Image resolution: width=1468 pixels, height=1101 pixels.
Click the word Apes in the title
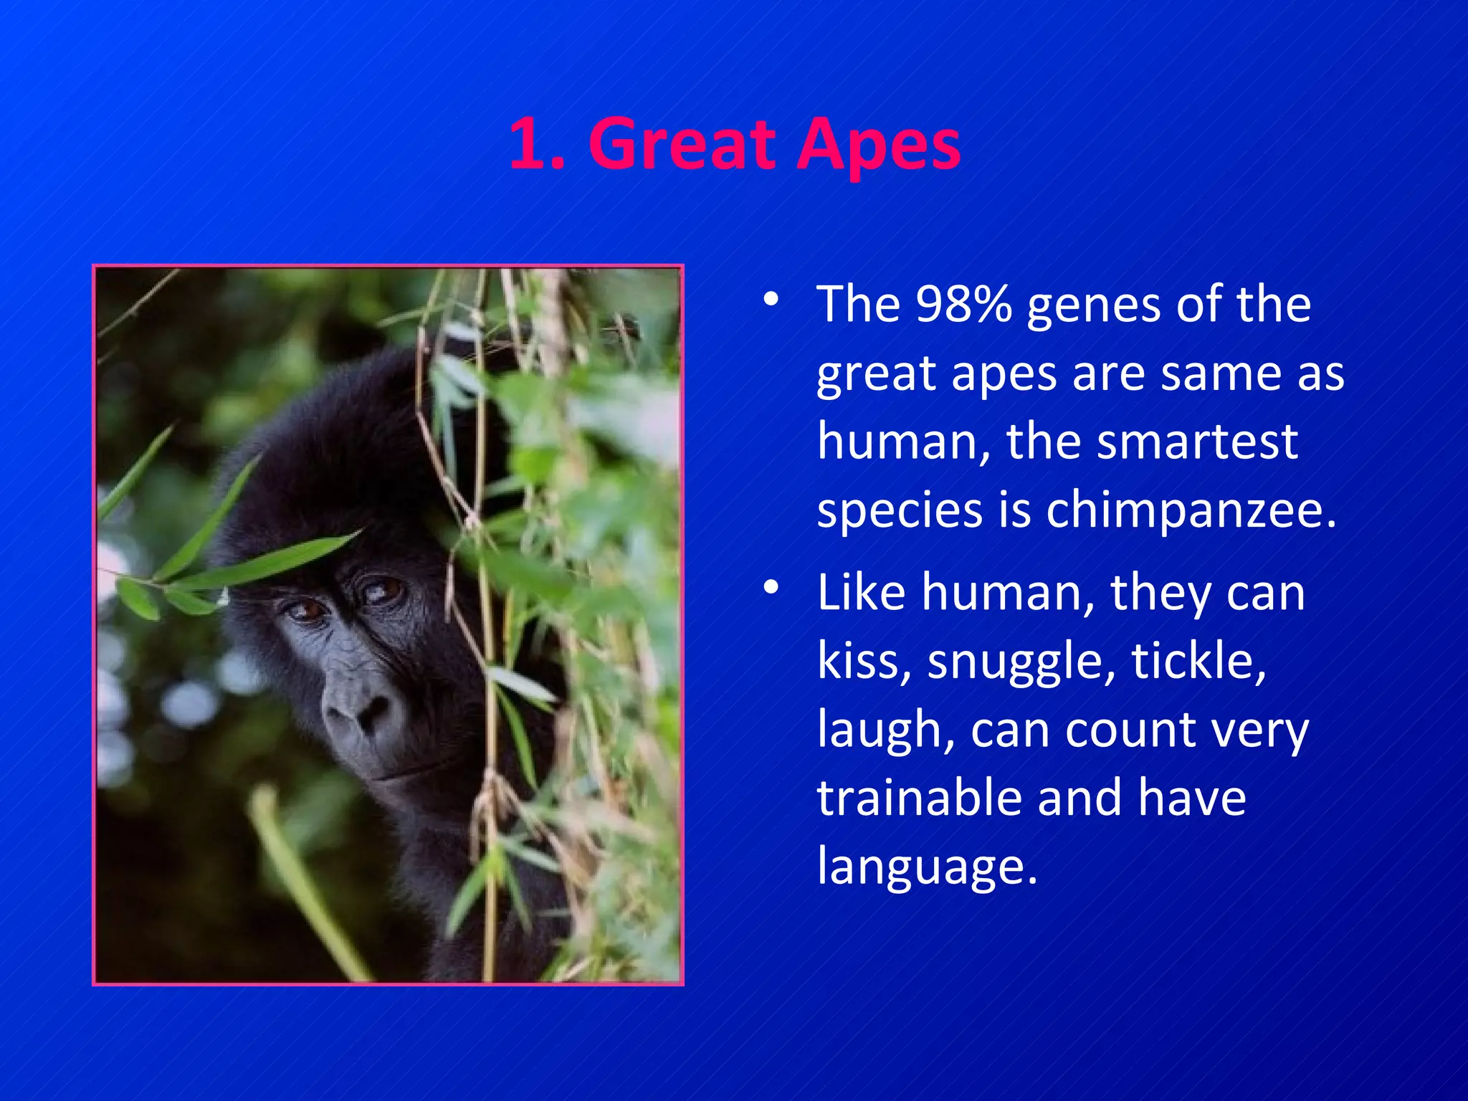click(x=879, y=146)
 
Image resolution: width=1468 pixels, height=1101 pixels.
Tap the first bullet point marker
click(x=771, y=300)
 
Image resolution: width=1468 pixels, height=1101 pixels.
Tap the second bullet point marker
click(x=771, y=588)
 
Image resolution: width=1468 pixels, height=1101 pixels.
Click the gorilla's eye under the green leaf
click(x=307, y=610)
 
